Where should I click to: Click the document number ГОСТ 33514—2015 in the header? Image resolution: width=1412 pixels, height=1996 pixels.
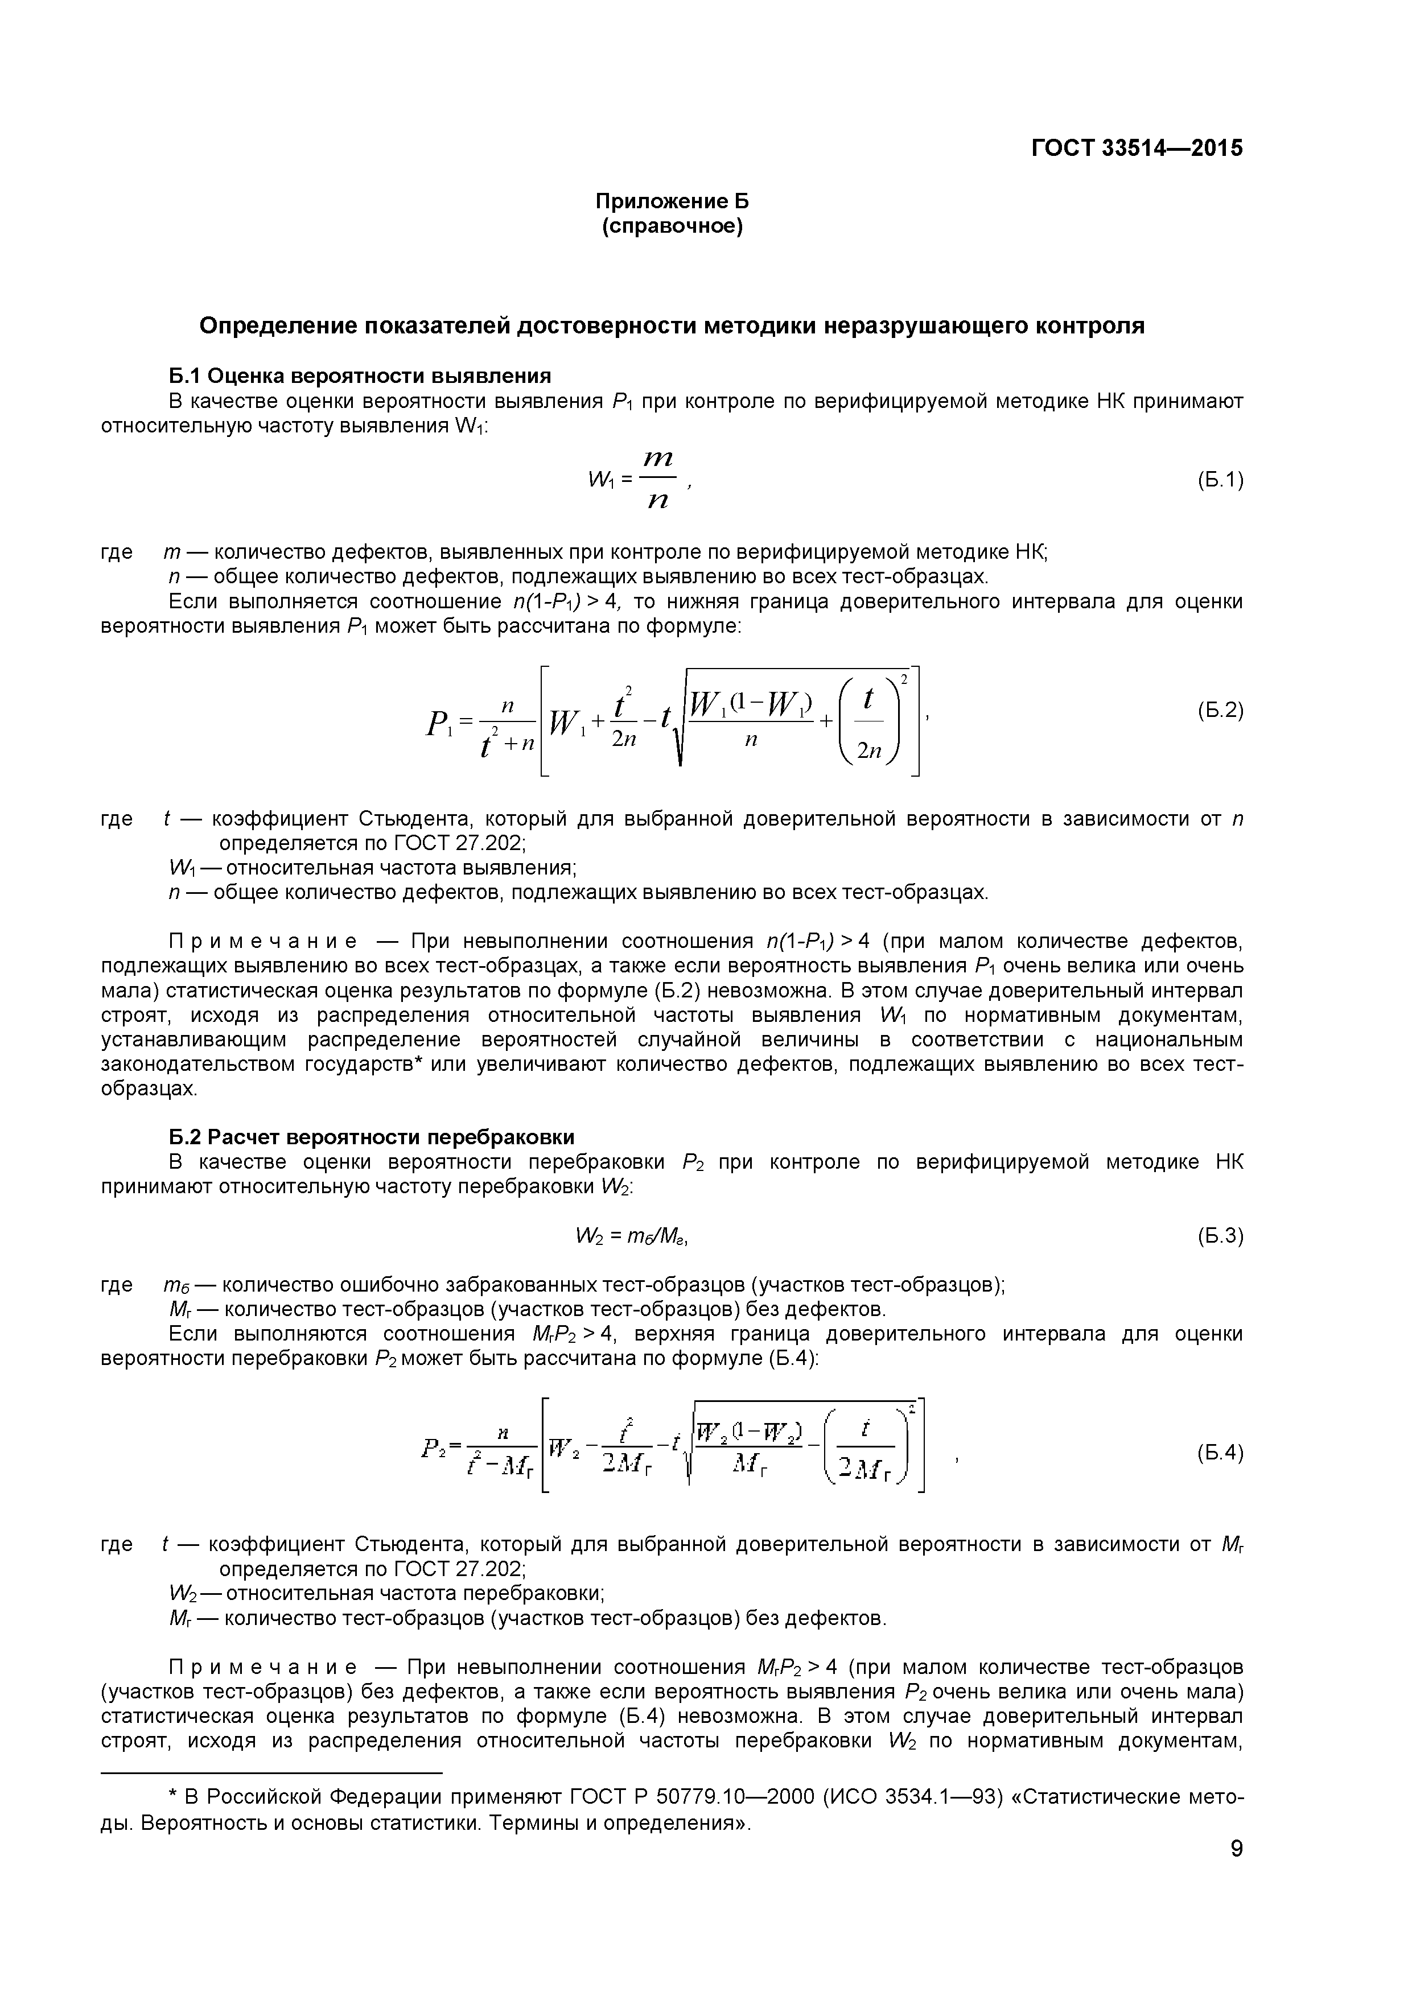(x=1137, y=149)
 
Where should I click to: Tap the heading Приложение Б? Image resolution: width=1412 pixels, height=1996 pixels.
(x=672, y=201)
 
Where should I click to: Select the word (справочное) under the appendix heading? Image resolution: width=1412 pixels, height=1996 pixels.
(x=672, y=228)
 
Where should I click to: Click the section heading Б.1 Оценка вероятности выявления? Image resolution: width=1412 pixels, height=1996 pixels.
(x=360, y=376)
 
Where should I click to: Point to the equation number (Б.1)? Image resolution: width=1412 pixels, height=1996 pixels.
(x=1220, y=479)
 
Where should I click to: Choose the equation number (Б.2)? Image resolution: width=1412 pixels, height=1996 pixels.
(x=1220, y=710)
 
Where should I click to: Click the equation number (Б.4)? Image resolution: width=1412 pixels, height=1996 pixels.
(x=1220, y=1452)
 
